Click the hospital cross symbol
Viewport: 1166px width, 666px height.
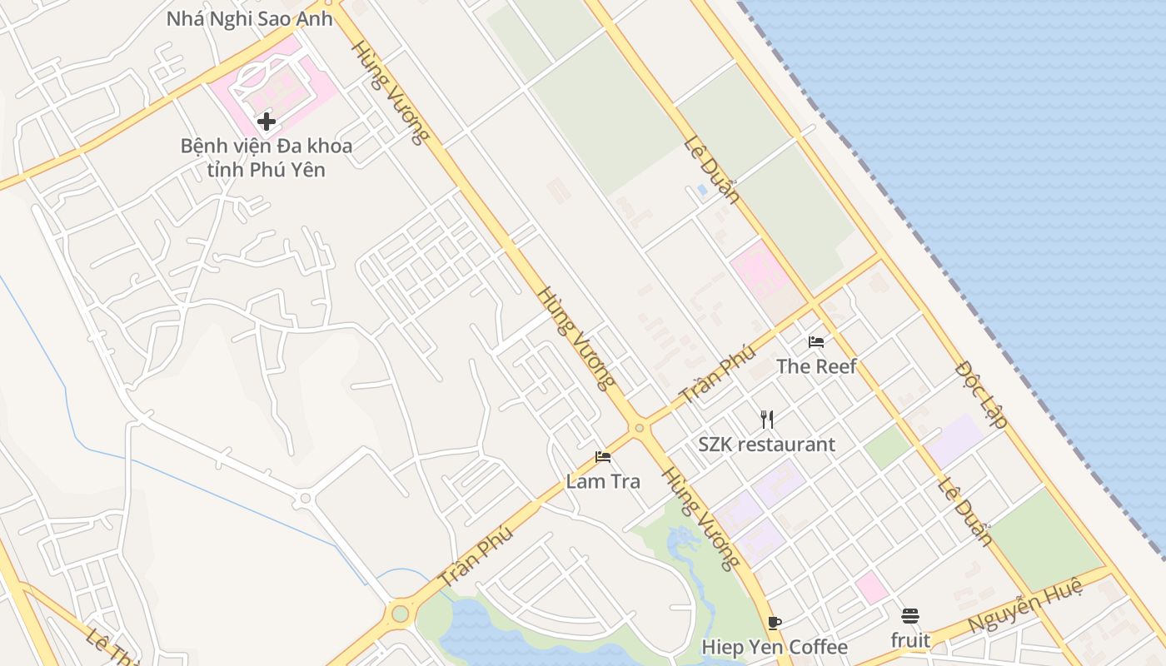coord(267,122)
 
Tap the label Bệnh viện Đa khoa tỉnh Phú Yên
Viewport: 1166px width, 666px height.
coord(267,157)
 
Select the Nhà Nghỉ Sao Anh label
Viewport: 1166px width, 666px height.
coord(250,18)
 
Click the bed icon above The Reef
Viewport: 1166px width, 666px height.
coord(816,341)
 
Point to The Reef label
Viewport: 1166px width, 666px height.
coord(816,366)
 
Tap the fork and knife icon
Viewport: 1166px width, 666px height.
coord(767,420)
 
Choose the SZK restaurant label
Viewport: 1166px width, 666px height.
coord(766,445)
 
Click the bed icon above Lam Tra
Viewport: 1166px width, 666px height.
coord(603,457)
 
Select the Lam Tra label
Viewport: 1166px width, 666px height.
coord(603,481)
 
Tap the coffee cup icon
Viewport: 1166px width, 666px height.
coord(775,623)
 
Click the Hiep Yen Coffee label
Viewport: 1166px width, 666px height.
coord(775,647)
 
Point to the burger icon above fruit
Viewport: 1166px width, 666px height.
coord(909,616)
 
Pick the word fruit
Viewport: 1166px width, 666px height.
coord(910,640)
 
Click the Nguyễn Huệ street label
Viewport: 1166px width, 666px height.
coord(1025,606)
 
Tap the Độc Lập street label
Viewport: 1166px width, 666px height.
coord(982,394)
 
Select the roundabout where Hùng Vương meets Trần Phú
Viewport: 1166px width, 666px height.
coord(640,428)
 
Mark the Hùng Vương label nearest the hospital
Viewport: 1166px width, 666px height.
coord(388,92)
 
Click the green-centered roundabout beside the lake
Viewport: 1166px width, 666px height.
coord(401,614)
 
